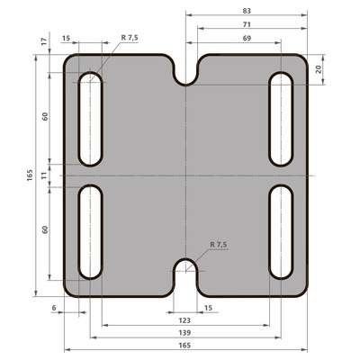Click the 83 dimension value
[x=246, y=9]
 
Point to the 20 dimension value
[x=345, y=68]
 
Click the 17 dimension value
[x=43, y=41]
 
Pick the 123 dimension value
[x=184, y=319]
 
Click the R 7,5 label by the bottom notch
[x=219, y=244]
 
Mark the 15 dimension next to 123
[x=208, y=308]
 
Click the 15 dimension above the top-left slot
[x=67, y=39]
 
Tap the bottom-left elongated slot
[x=91, y=231]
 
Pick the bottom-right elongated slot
[x=281, y=231]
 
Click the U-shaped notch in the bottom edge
[x=185, y=274]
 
